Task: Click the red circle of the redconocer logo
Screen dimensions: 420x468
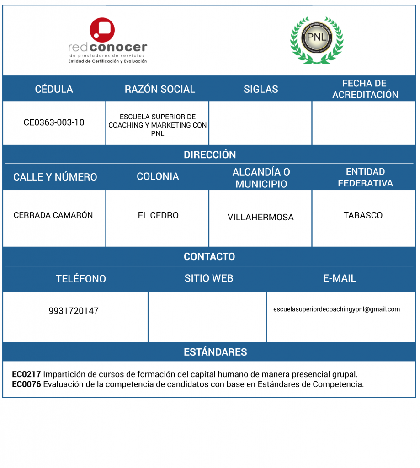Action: coord(102,30)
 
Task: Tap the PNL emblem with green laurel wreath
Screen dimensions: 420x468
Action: coord(317,40)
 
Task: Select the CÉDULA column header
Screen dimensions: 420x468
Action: coord(54,89)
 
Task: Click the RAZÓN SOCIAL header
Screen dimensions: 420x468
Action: coord(159,89)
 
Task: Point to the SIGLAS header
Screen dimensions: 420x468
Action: coord(261,89)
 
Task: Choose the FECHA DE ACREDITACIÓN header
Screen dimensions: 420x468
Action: coord(365,89)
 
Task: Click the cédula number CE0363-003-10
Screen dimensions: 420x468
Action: coord(54,122)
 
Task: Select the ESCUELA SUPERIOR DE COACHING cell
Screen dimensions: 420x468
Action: coord(157,125)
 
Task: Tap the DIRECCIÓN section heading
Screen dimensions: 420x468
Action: coord(210,154)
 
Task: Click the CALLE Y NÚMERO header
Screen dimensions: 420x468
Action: coord(55,177)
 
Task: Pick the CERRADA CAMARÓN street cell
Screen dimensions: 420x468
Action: coord(53,215)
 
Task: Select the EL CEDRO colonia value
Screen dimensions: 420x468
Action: coord(158,215)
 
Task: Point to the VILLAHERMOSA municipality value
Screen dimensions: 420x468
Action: coord(261,217)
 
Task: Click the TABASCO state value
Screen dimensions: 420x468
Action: coord(363,215)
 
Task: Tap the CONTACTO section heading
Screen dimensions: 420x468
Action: coord(209,257)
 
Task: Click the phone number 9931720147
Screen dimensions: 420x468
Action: coord(74,311)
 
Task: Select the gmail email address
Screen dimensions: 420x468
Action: coord(336,309)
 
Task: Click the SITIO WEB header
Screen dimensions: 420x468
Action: coord(209,278)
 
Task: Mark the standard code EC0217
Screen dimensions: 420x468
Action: coord(26,374)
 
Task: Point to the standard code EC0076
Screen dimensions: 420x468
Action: coord(26,384)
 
